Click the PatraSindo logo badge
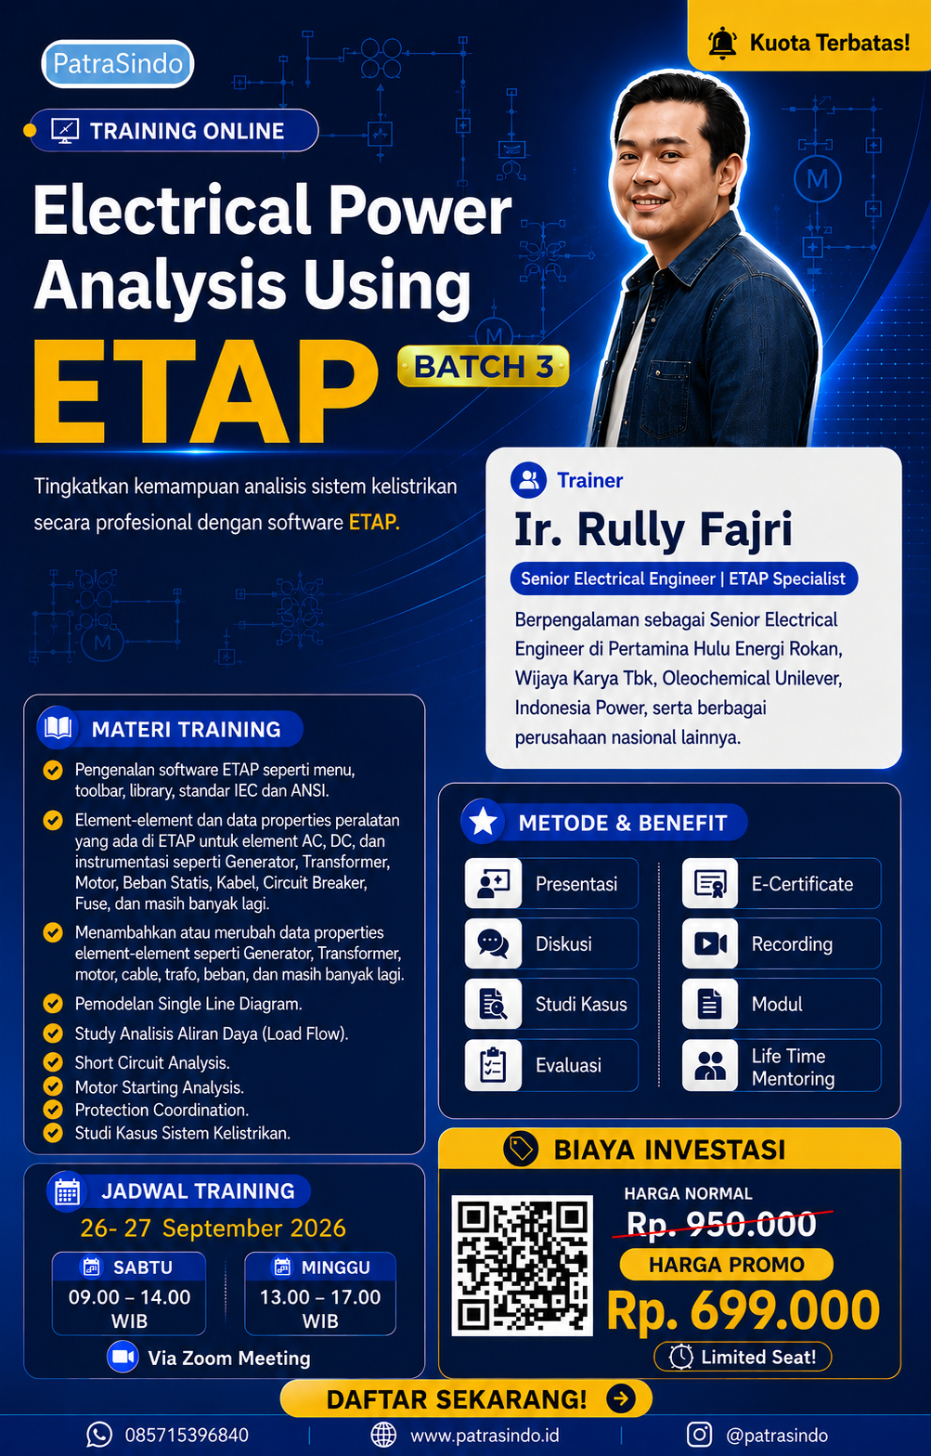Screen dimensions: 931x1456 (x=118, y=64)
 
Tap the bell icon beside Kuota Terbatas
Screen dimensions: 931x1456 (x=722, y=43)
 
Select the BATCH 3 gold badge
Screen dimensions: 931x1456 (x=484, y=367)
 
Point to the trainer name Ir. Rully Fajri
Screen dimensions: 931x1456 (x=653, y=529)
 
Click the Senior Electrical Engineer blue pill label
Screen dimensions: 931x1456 (x=683, y=578)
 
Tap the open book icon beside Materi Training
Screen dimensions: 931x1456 (x=58, y=727)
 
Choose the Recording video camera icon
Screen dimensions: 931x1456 (x=710, y=943)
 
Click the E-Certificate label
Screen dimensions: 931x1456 (x=802, y=884)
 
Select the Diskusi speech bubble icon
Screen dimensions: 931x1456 (x=493, y=943)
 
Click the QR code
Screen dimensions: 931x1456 (x=522, y=1266)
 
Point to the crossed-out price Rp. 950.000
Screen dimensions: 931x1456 (x=721, y=1224)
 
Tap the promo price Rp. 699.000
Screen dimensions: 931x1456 (x=744, y=1311)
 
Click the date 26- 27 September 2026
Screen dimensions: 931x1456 (x=213, y=1228)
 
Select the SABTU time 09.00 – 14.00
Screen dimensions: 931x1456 (x=129, y=1297)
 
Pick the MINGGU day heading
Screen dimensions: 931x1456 (x=335, y=1267)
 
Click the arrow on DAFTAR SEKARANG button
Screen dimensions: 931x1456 (x=621, y=1398)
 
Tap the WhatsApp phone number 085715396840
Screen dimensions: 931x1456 (x=187, y=1436)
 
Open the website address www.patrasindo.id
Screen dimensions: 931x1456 (x=485, y=1436)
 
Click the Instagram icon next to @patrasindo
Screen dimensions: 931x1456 (x=699, y=1435)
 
